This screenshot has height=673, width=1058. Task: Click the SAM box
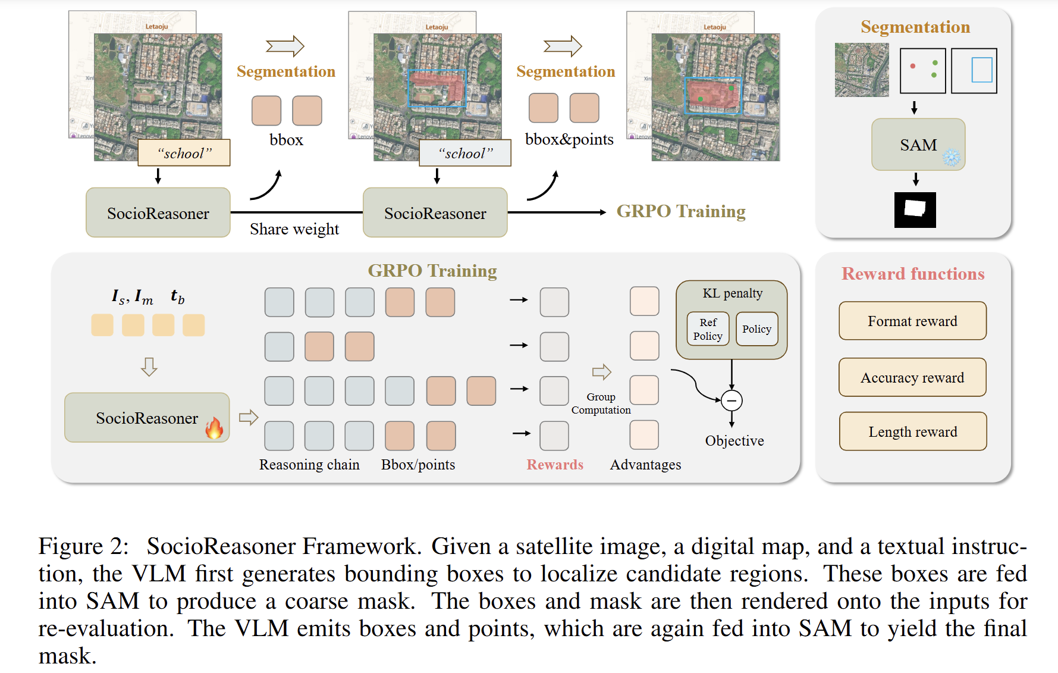(918, 145)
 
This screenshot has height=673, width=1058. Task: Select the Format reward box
(912, 321)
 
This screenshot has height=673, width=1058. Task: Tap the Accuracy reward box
(912, 378)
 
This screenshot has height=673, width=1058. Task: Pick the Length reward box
(912, 431)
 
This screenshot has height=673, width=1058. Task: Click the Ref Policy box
(708, 329)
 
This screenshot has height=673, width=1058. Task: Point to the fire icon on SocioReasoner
(214, 427)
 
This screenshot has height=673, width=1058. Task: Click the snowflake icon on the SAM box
(952, 158)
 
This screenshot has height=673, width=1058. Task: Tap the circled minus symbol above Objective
(732, 400)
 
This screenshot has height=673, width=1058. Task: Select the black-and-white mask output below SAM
(915, 209)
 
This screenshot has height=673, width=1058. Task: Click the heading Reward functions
(913, 274)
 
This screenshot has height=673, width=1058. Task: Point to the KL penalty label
(732, 293)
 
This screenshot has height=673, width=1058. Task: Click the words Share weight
(294, 229)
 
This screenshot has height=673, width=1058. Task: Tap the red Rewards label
(555, 465)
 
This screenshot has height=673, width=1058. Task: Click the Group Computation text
(601, 403)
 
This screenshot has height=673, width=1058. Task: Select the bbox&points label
(569, 139)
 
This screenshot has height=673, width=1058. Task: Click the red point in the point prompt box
(912, 66)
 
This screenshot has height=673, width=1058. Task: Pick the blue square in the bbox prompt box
(981, 70)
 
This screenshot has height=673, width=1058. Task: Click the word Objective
(734, 441)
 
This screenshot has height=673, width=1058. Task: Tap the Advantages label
(645, 465)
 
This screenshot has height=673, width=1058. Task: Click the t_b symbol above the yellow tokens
(177, 296)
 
